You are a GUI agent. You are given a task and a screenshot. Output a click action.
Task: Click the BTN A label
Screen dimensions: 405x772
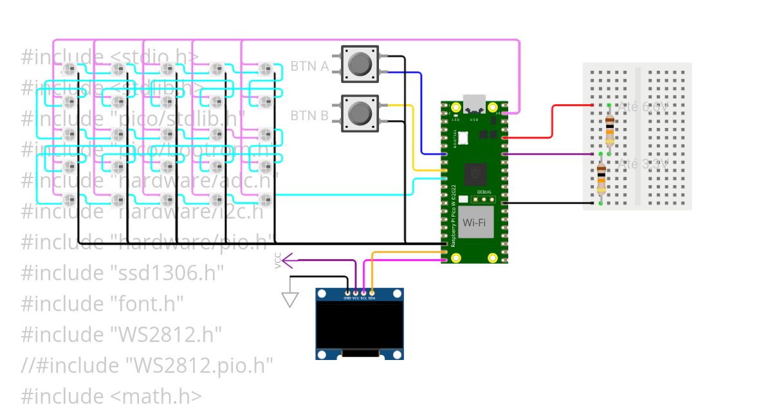click(309, 66)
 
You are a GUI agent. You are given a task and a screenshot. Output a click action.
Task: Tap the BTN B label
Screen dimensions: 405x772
click(309, 116)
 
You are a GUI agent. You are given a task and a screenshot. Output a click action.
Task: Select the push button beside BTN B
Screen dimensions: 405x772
click(360, 113)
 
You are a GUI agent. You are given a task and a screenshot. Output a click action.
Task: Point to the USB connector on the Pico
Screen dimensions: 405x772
click(475, 104)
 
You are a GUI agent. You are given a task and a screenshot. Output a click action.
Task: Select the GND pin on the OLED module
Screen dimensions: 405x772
click(347, 294)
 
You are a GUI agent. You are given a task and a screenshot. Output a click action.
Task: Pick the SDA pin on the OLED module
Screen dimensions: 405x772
click(372, 294)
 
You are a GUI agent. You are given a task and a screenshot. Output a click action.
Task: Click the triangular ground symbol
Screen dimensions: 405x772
click(290, 299)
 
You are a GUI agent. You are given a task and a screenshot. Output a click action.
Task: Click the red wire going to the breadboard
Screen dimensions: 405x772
click(552, 122)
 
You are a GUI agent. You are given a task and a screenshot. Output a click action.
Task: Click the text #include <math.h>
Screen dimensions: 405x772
click(111, 396)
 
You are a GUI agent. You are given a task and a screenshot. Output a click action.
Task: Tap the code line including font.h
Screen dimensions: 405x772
click(102, 303)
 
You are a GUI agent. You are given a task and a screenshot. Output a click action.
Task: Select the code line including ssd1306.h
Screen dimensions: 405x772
click(122, 273)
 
